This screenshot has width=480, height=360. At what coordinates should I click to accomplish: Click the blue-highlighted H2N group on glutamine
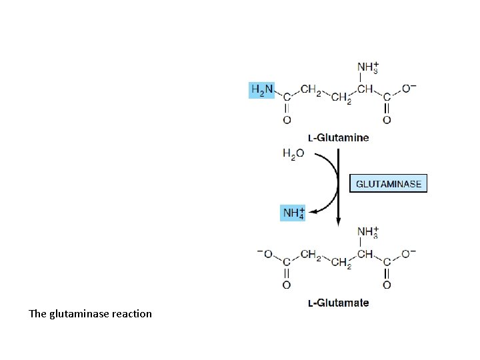click(261, 90)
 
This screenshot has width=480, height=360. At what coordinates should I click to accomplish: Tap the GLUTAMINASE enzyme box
click(389, 183)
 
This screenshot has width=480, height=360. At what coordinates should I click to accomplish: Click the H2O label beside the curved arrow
click(293, 154)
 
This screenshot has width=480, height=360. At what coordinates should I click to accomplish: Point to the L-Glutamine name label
click(338, 138)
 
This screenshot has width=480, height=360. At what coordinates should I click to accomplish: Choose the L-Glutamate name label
click(338, 303)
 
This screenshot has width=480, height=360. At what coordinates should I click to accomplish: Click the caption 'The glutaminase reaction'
click(91, 313)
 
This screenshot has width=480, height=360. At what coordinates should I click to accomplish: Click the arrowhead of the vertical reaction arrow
click(339, 222)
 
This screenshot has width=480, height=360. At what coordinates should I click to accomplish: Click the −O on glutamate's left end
click(265, 254)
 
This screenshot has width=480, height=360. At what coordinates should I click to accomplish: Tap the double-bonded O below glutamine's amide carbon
click(287, 120)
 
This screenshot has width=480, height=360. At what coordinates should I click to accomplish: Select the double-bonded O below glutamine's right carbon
click(387, 120)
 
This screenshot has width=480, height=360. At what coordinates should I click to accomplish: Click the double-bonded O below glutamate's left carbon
click(287, 285)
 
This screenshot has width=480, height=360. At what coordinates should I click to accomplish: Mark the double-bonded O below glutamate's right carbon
click(387, 285)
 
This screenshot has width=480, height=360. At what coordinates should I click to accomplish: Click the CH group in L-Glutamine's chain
click(365, 89)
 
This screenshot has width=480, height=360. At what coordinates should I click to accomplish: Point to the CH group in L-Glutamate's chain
click(365, 254)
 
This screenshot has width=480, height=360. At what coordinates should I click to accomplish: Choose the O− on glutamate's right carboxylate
click(409, 254)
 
